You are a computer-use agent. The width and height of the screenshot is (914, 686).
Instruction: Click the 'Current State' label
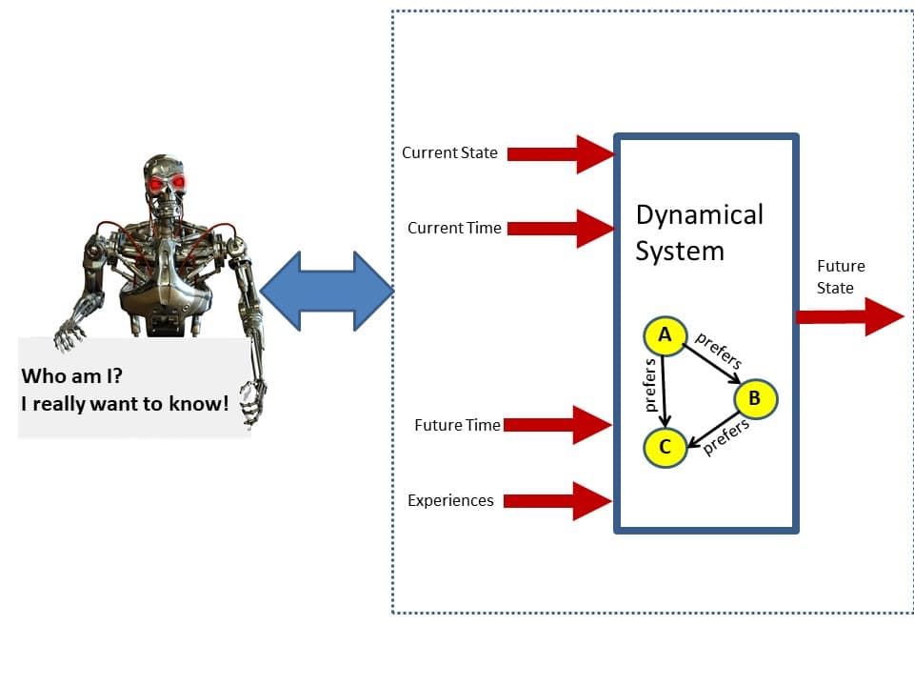449,152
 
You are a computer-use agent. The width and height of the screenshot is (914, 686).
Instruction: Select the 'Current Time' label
454,228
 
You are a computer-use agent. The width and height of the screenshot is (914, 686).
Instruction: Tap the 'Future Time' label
457,425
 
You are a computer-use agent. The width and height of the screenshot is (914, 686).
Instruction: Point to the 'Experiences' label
450,500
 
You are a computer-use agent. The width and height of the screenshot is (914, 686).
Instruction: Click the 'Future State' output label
840,277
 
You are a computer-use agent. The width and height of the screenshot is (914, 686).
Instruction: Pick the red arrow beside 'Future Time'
558,425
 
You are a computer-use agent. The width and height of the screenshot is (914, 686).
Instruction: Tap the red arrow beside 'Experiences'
558,500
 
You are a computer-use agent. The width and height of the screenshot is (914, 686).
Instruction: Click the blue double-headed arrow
327,292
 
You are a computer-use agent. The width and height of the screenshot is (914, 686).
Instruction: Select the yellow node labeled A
666,334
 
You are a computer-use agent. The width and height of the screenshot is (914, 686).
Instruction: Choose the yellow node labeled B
755,398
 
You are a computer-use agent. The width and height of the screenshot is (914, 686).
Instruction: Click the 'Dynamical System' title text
700,232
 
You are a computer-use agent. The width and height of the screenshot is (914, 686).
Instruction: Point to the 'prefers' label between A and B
719,351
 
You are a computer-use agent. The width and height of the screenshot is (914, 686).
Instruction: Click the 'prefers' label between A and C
651,386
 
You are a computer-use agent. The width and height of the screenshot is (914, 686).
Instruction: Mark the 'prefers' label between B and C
726,437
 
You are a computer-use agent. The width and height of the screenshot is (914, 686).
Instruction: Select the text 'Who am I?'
72,375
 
